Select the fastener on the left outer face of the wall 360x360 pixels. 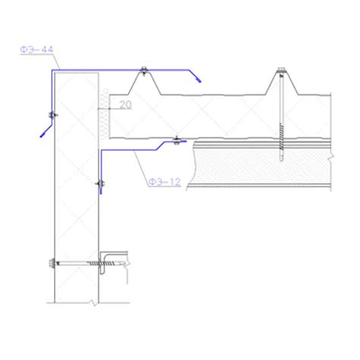click(x=50, y=115)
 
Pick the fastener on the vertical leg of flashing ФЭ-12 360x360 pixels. click(x=99, y=184)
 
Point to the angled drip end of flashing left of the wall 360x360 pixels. click(x=43, y=130)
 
